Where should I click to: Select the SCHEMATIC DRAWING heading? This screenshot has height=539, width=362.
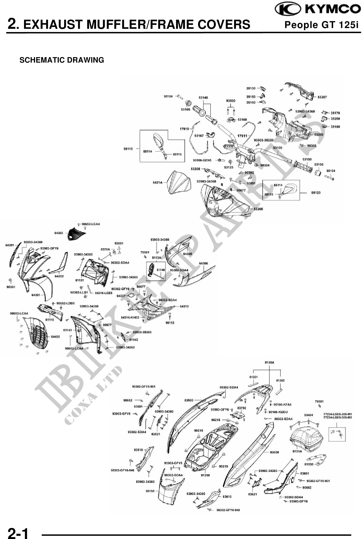(62, 60)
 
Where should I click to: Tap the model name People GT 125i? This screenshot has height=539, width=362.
(321, 25)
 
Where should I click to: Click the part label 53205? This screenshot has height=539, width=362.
(258, 209)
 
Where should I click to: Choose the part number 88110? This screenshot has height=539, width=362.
(128, 149)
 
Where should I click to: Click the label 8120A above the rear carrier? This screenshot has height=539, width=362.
(269, 362)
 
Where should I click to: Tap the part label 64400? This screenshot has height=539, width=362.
(55, 337)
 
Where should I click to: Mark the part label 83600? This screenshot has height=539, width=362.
(274, 452)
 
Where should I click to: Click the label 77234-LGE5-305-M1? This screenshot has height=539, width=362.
(337, 414)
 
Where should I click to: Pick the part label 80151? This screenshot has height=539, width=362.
(150, 491)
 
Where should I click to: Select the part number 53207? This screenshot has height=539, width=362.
(322, 97)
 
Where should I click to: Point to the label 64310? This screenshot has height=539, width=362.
(184, 306)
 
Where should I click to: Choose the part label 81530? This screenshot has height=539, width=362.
(309, 464)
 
